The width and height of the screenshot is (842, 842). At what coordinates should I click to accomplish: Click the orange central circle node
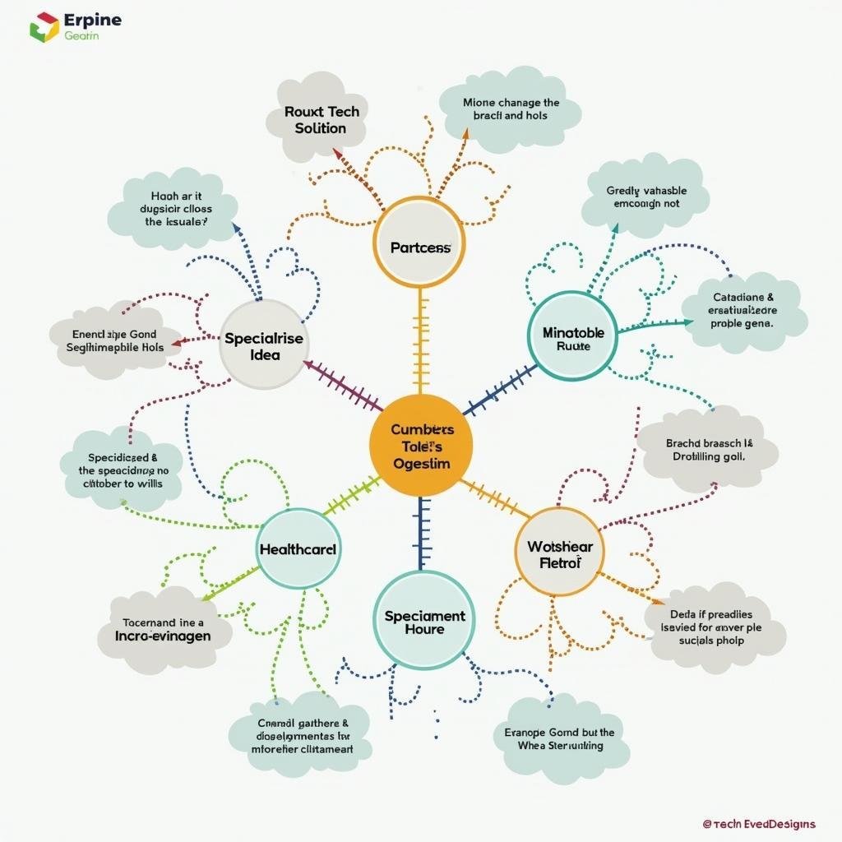(x=421, y=445)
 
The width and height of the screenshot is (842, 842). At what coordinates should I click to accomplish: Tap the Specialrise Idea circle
(x=264, y=345)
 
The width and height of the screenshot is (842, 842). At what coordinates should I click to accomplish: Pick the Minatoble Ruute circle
(x=572, y=335)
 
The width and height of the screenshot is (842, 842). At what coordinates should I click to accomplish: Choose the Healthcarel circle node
(x=298, y=548)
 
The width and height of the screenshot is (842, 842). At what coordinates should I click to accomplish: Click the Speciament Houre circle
(x=424, y=621)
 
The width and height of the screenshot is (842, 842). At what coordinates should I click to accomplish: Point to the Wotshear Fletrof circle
(x=560, y=553)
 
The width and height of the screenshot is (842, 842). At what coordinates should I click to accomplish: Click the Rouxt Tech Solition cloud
(x=315, y=119)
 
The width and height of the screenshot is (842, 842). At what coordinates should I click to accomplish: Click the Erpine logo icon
(x=43, y=26)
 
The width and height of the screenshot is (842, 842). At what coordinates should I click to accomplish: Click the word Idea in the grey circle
(x=266, y=355)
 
